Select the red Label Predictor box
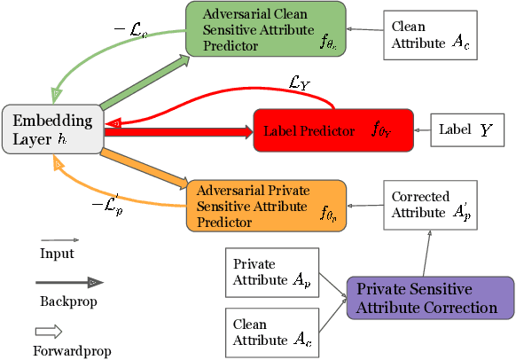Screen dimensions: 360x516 pyautogui.click(x=333, y=130)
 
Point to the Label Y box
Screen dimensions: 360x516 pyautogui.click(x=466, y=130)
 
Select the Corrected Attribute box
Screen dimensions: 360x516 pyautogui.click(x=429, y=205)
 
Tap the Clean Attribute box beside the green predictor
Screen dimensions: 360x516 pyautogui.click(x=429, y=35)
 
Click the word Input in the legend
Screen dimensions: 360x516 pyautogui.click(x=57, y=254)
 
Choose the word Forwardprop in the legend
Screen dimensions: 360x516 pyautogui.click(x=75, y=349)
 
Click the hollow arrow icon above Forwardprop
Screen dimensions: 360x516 pyautogui.click(x=59, y=330)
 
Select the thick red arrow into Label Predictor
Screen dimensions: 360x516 pyautogui.click(x=177, y=132)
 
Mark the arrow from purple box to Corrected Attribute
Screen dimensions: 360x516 pyautogui.click(x=426, y=251)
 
